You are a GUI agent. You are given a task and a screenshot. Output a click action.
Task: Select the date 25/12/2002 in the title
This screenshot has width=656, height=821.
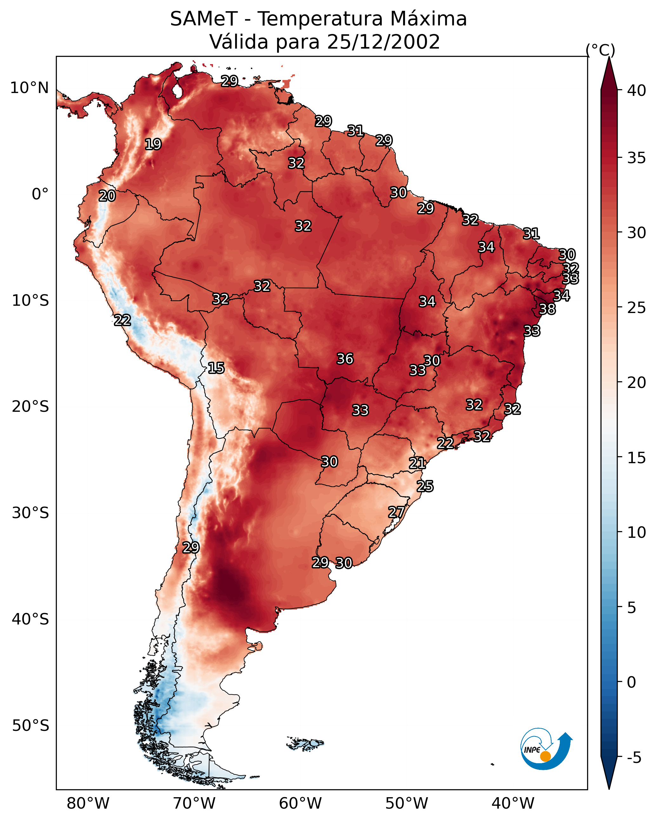383,42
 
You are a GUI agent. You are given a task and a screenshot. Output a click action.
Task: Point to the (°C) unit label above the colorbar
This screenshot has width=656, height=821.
600,50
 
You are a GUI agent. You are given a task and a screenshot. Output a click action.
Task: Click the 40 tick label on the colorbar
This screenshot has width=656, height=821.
637,90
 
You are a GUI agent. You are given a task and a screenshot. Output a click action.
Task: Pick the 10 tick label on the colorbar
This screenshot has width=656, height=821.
637,532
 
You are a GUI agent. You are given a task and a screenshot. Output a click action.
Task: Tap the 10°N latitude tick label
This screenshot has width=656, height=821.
29,88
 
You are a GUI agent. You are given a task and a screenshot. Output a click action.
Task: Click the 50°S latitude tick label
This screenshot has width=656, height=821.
30,726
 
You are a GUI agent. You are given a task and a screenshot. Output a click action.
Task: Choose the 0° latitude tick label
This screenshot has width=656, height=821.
40,194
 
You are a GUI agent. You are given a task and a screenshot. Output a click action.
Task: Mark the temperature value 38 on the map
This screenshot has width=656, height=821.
547,309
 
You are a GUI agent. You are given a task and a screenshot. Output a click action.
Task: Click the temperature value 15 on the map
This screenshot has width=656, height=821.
216,368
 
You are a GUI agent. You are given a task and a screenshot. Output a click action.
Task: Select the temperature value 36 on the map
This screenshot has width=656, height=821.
345,359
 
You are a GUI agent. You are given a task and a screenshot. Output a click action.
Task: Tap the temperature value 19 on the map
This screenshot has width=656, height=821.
153,144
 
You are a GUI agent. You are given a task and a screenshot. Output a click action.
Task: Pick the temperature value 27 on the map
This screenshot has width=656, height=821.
396,512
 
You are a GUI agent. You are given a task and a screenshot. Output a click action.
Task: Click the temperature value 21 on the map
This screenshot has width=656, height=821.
417,464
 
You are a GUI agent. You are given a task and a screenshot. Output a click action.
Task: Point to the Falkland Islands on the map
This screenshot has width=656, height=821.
305,743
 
